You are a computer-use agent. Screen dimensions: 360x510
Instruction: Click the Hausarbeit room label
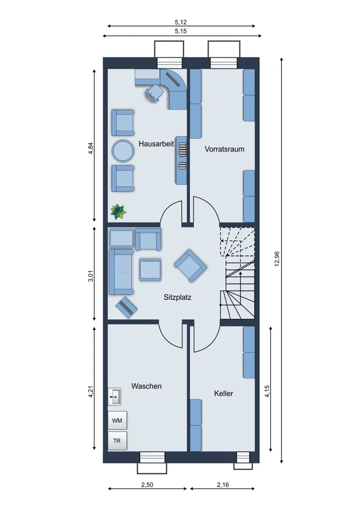(156, 144)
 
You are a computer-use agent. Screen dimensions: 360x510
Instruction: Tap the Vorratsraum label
(224, 149)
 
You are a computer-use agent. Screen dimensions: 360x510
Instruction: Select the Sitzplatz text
(177, 297)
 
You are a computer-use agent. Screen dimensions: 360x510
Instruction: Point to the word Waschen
(146, 386)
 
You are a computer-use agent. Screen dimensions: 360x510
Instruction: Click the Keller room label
(223, 394)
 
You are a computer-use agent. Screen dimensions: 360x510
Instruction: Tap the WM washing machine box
(117, 421)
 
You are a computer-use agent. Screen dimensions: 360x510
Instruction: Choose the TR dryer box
(117, 441)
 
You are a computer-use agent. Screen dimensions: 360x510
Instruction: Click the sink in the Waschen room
(114, 396)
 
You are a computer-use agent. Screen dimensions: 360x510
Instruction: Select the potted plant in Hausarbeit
(118, 212)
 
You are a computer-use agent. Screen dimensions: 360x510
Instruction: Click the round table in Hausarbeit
(123, 150)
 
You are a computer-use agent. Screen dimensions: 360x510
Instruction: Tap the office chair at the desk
(154, 93)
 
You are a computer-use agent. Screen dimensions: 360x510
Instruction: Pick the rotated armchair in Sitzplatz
(191, 265)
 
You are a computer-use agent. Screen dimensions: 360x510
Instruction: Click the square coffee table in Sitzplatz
(150, 270)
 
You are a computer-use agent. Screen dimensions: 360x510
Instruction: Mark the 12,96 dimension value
(277, 259)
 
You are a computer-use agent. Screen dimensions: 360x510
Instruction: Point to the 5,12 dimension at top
(181, 22)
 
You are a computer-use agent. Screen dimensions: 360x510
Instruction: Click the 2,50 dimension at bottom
(147, 485)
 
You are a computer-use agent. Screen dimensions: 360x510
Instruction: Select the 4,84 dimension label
(91, 148)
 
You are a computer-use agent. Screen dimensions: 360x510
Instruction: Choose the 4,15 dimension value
(267, 391)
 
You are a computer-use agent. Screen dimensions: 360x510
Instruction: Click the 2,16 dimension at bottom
(223, 485)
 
